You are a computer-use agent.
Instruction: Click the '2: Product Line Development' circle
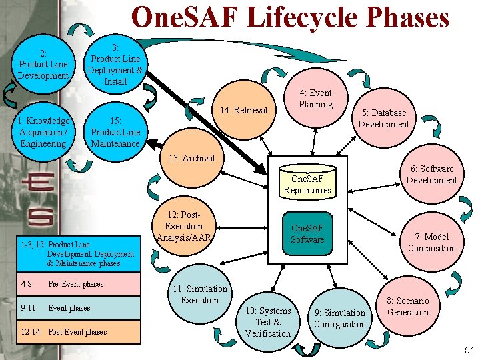click(x=43, y=64)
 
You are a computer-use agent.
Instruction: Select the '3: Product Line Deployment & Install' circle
click(x=115, y=64)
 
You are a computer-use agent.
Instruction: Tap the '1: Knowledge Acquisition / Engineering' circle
click(x=43, y=132)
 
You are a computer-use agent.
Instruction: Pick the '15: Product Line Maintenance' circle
click(x=115, y=132)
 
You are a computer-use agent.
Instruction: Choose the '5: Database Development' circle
click(x=383, y=119)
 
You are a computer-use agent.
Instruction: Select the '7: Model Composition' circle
click(x=432, y=242)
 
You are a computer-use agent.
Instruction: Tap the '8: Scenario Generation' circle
click(x=407, y=307)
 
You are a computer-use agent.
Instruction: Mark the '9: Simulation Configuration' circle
click(x=339, y=318)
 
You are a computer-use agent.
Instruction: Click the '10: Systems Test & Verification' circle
click(x=268, y=321)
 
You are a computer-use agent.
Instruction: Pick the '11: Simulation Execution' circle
click(x=199, y=295)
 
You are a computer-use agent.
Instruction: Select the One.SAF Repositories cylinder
click(x=307, y=182)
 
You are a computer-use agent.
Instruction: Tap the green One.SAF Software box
click(x=307, y=233)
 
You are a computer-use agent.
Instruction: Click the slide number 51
click(x=468, y=350)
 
